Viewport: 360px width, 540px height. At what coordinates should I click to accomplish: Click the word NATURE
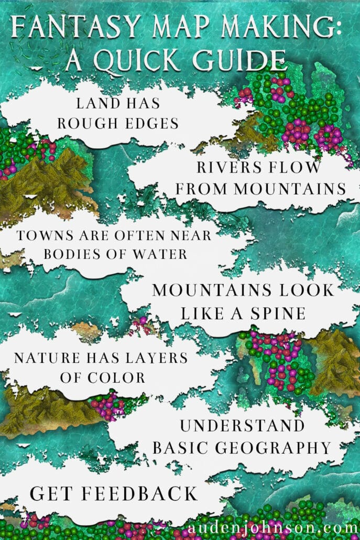tap(41, 358)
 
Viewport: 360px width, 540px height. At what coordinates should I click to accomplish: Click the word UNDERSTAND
tap(242, 425)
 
